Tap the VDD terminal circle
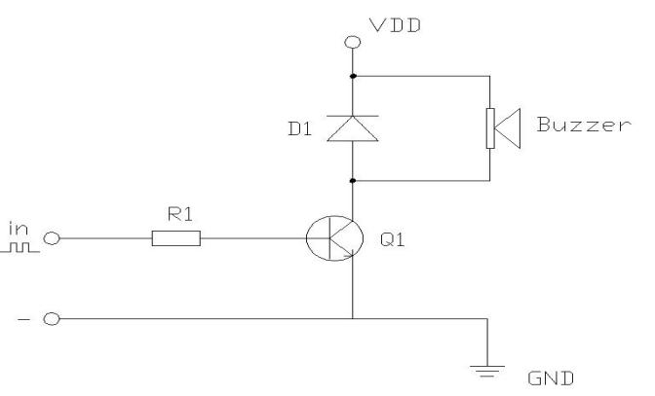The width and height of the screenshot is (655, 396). [353, 42]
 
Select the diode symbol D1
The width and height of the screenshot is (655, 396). [353, 127]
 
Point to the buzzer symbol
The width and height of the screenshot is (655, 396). [500, 127]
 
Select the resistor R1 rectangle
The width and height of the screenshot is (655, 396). [176, 238]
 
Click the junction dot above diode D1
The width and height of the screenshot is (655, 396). [353, 75]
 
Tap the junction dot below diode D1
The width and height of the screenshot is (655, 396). [353, 181]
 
